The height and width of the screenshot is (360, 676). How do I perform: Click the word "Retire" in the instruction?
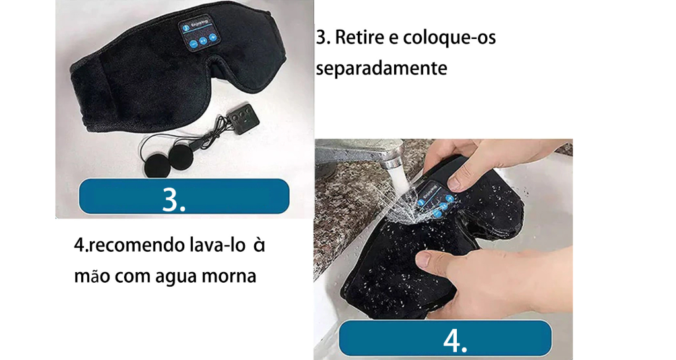point(360,38)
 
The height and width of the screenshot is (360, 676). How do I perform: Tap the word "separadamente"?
point(382,68)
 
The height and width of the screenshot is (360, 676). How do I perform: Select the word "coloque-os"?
point(449,38)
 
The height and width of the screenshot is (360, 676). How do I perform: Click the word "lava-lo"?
point(217,245)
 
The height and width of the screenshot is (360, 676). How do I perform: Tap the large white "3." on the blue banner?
point(174,199)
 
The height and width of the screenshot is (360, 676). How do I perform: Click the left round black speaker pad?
point(158,164)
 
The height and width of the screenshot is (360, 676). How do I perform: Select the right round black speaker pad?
point(182,157)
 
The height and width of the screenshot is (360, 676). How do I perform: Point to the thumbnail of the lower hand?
point(424,259)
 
